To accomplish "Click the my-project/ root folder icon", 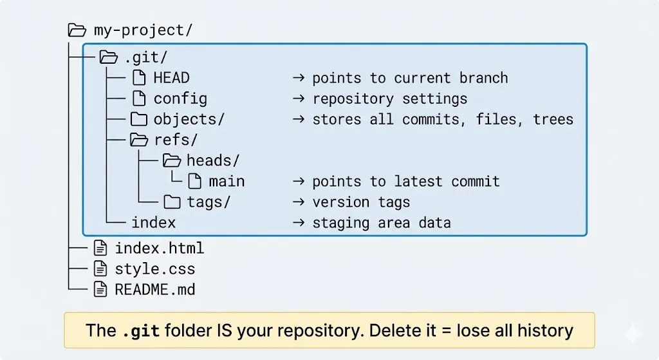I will point(77,30).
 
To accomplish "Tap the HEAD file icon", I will point(139,79).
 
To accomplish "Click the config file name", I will point(180,99).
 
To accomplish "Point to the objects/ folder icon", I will point(139,119).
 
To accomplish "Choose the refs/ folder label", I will point(176,140).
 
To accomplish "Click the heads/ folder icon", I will point(172,161).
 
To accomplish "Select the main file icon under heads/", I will point(194,182).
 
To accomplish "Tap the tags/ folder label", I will point(209,202).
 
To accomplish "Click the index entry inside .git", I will point(153,223).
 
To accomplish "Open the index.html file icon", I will point(100,248).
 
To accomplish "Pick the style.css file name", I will point(154,269).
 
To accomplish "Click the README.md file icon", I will point(100,289).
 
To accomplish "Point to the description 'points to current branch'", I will point(410,79).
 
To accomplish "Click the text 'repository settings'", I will point(389,99).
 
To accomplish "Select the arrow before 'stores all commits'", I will point(298,120).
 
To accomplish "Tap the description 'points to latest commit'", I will point(405,182).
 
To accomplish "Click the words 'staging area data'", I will point(381,223).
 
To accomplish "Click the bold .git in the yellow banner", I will point(140,331).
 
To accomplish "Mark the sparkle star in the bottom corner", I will point(633,334).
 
